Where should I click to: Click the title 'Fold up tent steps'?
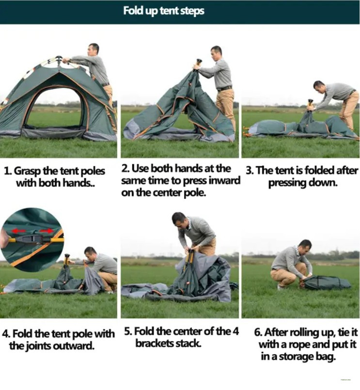click(x=164, y=11)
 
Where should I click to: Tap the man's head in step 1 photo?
click(x=94, y=49)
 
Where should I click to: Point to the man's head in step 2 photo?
click(x=216, y=53)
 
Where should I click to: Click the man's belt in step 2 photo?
click(x=224, y=88)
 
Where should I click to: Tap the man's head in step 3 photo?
click(x=319, y=87)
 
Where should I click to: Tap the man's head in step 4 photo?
click(x=90, y=253)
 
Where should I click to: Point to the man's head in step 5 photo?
click(x=180, y=219)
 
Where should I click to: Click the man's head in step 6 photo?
click(x=305, y=247)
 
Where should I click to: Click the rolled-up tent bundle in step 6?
click(x=326, y=282)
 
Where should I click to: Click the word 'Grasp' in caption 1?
click(x=28, y=172)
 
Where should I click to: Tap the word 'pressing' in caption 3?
click(x=287, y=183)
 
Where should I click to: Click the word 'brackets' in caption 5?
click(x=155, y=343)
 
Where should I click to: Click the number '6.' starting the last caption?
click(x=258, y=332)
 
